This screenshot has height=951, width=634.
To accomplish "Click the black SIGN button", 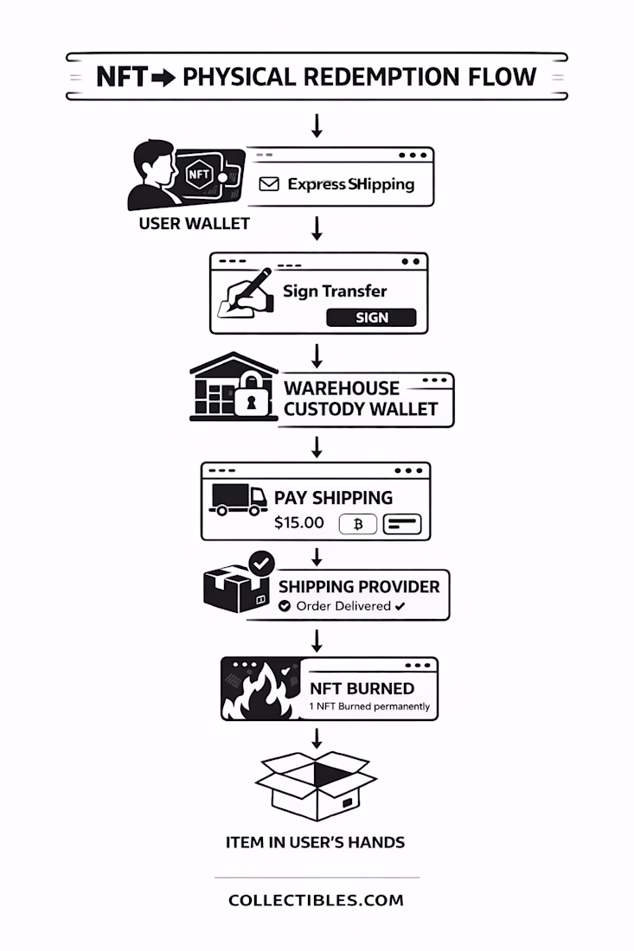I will [371, 317].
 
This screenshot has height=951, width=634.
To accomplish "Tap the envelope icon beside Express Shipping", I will [269, 184].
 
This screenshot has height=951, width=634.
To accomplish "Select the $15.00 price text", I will [299, 522].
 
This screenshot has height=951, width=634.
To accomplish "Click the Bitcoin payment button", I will [357, 524].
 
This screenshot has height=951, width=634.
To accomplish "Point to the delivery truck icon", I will [238, 499].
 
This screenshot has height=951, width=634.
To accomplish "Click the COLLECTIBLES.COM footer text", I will [316, 900].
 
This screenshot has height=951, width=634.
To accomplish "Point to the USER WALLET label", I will [195, 223].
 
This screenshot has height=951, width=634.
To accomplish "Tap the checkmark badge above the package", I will [261, 563].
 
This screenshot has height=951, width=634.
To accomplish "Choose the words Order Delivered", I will [343, 606].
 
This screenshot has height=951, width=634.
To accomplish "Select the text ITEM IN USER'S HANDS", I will [315, 841].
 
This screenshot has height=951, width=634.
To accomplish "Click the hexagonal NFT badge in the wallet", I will [198, 173].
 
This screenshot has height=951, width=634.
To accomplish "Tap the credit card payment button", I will [401, 524].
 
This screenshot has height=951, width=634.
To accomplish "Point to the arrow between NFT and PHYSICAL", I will [163, 77].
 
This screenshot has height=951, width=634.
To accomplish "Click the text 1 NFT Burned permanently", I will [369, 706].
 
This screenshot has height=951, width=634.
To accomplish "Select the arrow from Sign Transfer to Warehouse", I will [317, 354].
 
